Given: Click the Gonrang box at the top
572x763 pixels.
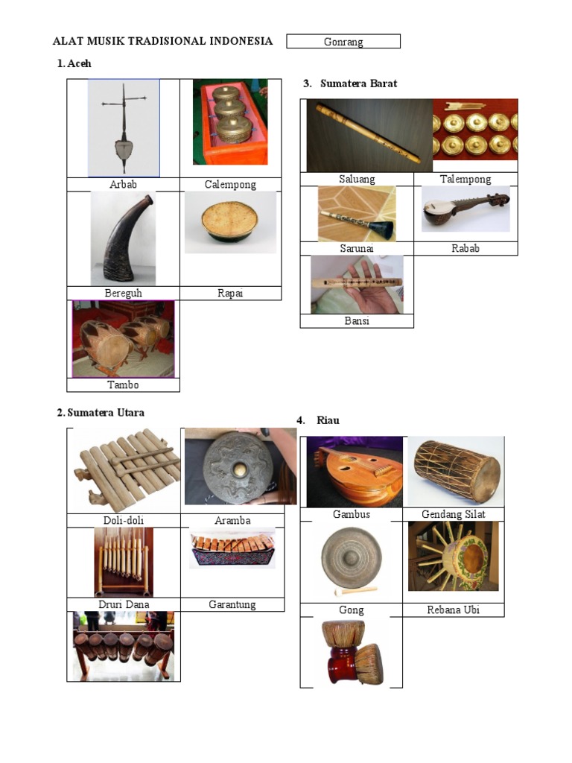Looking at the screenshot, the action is pyautogui.click(x=343, y=42).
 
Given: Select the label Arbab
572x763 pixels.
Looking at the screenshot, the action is pyautogui.click(x=123, y=185).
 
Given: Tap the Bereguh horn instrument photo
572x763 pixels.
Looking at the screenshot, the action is pyautogui.click(x=123, y=238).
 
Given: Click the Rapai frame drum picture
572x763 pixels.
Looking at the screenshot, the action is pyautogui.click(x=231, y=222).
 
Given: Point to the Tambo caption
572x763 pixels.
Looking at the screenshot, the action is pyautogui.click(x=123, y=385).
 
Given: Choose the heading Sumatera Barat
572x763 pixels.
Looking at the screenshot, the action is pyautogui.click(x=358, y=83).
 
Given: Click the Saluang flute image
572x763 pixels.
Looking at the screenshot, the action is pyautogui.click(x=369, y=136).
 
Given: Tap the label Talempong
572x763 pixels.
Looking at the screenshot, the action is pyautogui.click(x=465, y=179).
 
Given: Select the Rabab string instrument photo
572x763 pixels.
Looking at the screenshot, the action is pyautogui.click(x=465, y=209).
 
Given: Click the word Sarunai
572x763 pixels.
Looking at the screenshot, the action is pyautogui.click(x=357, y=248).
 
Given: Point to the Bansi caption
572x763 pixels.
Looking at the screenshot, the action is pyautogui.click(x=357, y=320).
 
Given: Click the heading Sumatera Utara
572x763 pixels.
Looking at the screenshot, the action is pyautogui.click(x=106, y=413).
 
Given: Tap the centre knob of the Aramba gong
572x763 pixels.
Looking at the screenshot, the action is pyautogui.click(x=239, y=469).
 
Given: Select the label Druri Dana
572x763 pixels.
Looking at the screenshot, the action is pyautogui.click(x=124, y=604).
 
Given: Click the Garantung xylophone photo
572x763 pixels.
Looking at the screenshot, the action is pyautogui.click(x=232, y=549).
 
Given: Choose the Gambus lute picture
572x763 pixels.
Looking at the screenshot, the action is pyautogui.click(x=355, y=472).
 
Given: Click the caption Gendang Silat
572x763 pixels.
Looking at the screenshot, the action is pyautogui.click(x=454, y=514).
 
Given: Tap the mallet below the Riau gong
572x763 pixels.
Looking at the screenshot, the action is pyautogui.click(x=355, y=591).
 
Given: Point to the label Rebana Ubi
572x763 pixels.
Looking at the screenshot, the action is pyautogui.click(x=454, y=610).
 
